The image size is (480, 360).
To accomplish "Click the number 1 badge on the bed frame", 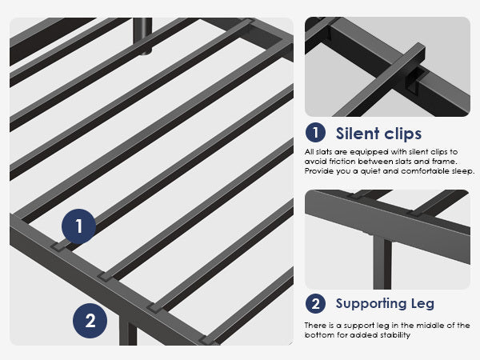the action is tap(78, 226).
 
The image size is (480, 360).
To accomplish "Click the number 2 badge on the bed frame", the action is tap(90, 321).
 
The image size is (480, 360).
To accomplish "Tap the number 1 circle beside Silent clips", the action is tap(315, 133).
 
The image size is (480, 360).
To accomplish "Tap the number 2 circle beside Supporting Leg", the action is tap(315, 303).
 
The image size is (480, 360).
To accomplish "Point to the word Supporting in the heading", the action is tap(371, 304).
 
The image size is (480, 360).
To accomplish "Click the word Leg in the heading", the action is tap(422, 304).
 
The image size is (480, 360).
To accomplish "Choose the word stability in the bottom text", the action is tap(395, 335).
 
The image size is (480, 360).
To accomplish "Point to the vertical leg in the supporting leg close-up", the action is tap(382, 262).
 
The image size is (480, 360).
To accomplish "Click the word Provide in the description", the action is tap(318, 171).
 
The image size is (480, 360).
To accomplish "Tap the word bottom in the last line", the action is tap(315, 335).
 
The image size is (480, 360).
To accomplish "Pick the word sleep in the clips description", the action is tap(463, 171).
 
